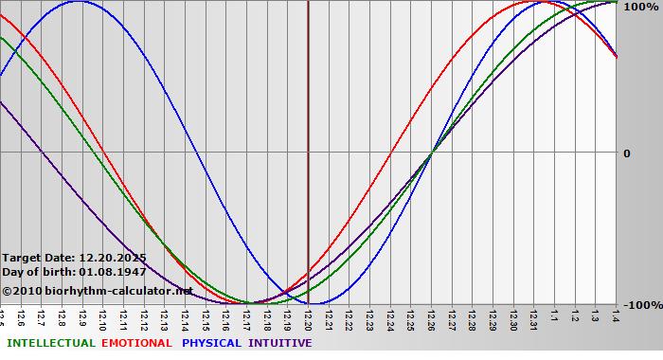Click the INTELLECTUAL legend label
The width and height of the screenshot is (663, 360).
(50, 343)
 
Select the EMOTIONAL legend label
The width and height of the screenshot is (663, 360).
(136, 343)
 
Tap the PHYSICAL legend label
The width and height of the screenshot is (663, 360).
(212, 343)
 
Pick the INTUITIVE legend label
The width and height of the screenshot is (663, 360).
(279, 343)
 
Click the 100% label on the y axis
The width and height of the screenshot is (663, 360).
(640, 7)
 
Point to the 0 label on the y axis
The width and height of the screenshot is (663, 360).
(626, 153)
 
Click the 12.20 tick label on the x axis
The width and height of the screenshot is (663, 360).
(308, 319)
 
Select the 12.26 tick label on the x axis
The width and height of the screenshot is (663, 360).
(431, 319)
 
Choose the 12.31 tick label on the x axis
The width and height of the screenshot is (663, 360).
(534, 319)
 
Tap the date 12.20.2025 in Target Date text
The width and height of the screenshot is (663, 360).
(113, 258)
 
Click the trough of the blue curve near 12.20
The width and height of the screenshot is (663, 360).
(317, 304)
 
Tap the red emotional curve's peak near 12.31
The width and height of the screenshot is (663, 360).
(530, 2)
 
